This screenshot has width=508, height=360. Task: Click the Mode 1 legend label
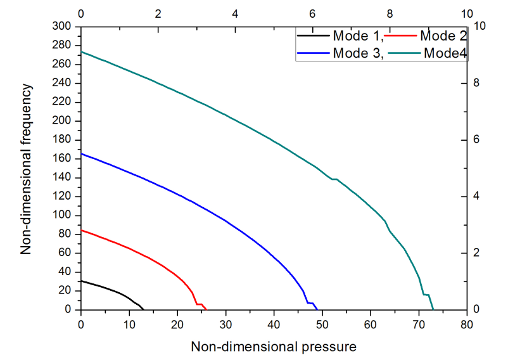point(357,36)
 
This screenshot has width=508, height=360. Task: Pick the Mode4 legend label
point(445,53)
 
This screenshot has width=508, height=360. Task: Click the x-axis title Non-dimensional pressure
point(274,347)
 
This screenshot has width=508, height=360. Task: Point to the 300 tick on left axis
point(63,26)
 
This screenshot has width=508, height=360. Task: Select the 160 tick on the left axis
point(63,158)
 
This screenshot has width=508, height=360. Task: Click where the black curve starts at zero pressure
point(81,280)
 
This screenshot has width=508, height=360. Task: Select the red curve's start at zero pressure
point(81,230)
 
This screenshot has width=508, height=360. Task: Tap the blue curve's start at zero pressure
point(81,153)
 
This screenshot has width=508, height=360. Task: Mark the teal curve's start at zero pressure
point(81,51)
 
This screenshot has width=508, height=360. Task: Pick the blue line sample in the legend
point(314,53)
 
